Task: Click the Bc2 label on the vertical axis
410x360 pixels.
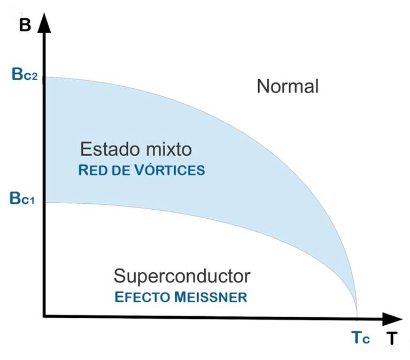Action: click(22, 75)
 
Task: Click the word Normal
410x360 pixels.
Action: click(288, 86)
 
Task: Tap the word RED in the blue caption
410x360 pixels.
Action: click(91, 171)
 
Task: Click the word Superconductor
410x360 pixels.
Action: click(182, 276)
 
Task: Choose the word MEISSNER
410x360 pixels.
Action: click(213, 297)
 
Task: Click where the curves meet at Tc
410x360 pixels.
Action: click(357, 315)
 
